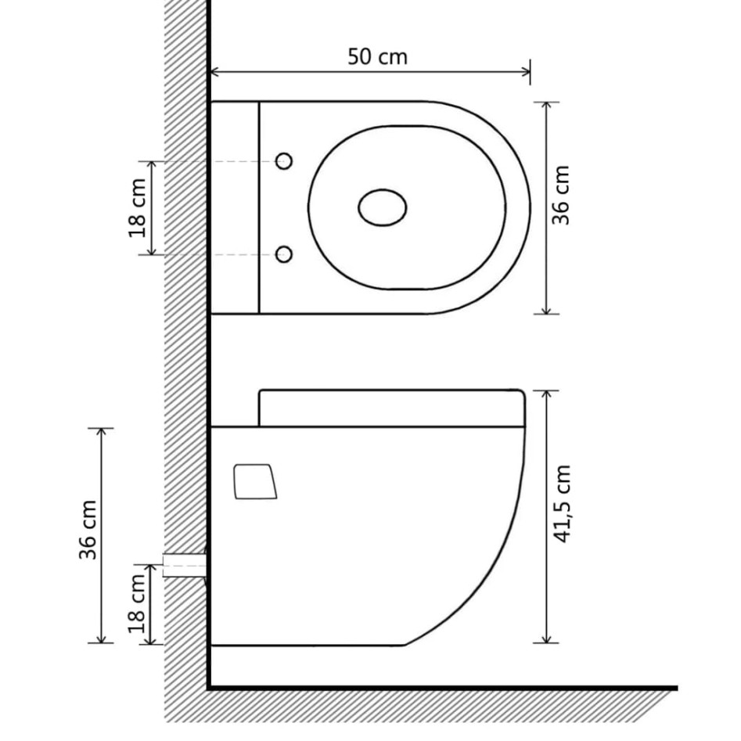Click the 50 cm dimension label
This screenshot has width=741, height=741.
click(x=377, y=56)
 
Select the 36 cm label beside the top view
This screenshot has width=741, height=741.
click(x=562, y=196)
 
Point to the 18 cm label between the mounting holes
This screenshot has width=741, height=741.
click(x=138, y=207)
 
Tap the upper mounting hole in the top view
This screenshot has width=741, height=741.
click(x=284, y=162)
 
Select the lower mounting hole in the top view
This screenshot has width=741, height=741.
click(x=284, y=254)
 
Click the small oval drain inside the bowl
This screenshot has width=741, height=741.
click(x=383, y=208)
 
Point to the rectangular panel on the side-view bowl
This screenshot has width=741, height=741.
click(x=254, y=480)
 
